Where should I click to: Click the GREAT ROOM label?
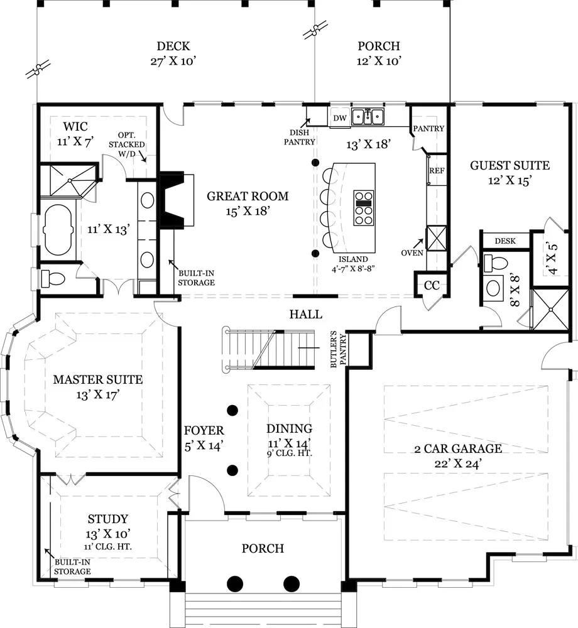point(248,196)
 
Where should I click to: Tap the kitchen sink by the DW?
point(368,117)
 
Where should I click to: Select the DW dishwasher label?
point(340,118)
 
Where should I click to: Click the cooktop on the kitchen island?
point(364,208)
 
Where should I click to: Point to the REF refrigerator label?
point(437,171)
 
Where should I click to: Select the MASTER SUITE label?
point(98,379)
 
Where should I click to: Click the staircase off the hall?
point(269,348)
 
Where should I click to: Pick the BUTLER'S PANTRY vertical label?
point(338,348)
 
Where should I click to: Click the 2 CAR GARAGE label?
point(458,448)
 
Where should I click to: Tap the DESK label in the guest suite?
point(505,241)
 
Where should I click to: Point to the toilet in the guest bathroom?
point(496,263)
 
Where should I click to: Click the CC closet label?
point(432,285)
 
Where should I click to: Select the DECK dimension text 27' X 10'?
point(173,62)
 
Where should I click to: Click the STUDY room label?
point(108,519)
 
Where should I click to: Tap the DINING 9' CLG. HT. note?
point(289,454)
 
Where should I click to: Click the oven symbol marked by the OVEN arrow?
point(436,238)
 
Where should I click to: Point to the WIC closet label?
point(75,127)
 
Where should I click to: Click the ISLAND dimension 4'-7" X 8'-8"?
point(353,269)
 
